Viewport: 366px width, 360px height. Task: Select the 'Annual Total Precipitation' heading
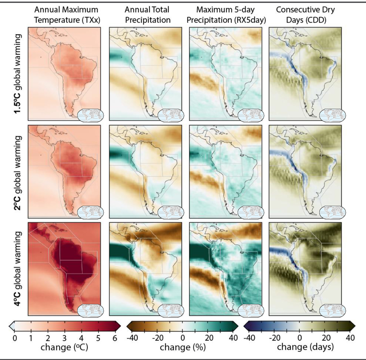[147, 15]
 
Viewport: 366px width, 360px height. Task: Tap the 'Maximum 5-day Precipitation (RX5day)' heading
[226, 15]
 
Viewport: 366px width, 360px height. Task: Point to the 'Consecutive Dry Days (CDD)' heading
[305, 15]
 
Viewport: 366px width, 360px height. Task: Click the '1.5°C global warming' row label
[18, 74]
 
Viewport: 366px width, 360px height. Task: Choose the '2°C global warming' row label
[18, 172]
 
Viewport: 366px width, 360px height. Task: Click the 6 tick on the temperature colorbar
[115, 338]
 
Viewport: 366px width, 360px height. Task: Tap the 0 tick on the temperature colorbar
[15, 338]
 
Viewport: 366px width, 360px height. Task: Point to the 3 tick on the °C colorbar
[65, 338]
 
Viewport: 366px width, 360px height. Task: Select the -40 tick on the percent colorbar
[132, 338]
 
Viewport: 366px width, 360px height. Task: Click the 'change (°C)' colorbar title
[64, 347]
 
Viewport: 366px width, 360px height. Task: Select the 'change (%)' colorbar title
[183, 347]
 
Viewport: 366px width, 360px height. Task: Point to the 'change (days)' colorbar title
[305, 347]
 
